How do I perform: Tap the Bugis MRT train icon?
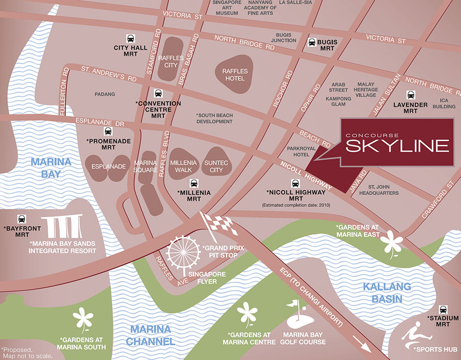[x=312, y=42]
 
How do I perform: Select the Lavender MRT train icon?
[x=411, y=96]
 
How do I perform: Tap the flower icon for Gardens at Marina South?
[x=83, y=320]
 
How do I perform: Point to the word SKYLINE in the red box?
[x=397, y=145]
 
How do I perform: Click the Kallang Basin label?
[x=383, y=293]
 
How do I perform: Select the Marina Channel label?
[x=150, y=335]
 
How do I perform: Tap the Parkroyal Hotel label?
[x=300, y=151]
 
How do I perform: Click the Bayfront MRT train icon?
[x=22, y=219]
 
